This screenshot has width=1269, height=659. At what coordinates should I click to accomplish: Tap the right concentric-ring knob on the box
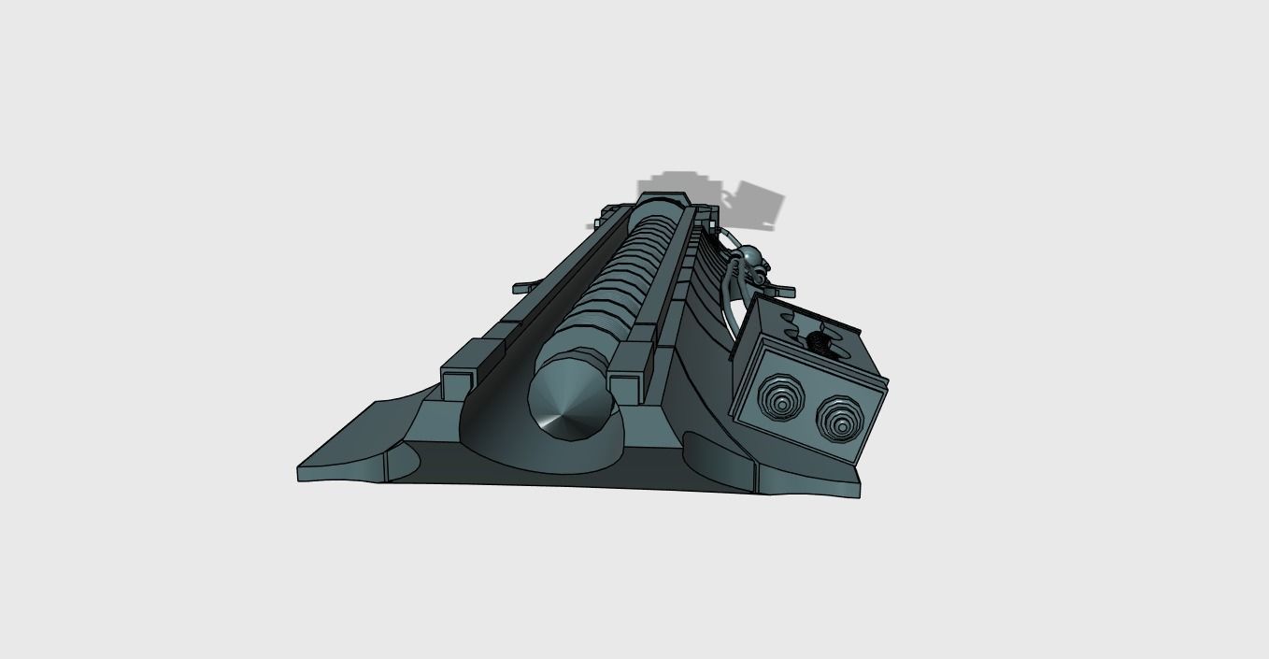point(838,417)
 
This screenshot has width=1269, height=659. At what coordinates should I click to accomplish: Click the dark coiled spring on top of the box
point(820,340)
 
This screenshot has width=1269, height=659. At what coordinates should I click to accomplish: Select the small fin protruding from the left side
point(524,287)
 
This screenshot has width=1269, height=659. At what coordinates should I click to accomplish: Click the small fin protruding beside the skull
point(783,288)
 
